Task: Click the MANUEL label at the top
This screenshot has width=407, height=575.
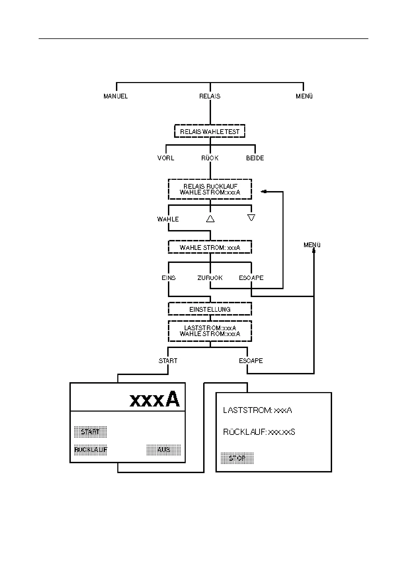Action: (x=116, y=96)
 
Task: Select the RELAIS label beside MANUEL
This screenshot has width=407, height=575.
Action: (x=210, y=96)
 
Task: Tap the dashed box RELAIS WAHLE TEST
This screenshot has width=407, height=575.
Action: (x=210, y=132)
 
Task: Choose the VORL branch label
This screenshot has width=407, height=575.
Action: (x=166, y=158)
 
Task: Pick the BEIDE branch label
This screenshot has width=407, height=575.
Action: (x=255, y=158)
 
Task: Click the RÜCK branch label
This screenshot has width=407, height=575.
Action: (x=210, y=158)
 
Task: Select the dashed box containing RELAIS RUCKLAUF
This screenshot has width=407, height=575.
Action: (x=210, y=189)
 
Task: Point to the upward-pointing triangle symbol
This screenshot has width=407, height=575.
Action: (x=210, y=219)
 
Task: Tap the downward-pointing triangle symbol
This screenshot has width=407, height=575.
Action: (x=251, y=218)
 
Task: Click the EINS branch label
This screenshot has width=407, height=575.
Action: (x=169, y=278)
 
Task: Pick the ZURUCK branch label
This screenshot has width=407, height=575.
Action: (x=210, y=278)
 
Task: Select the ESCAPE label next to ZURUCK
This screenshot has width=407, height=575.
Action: (x=251, y=278)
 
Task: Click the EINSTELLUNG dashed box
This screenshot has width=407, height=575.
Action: (x=210, y=309)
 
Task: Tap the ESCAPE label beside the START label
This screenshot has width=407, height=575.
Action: (x=251, y=361)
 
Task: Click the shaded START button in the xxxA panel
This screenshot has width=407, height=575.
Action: (x=90, y=432)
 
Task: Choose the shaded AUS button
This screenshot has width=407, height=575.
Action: (x=163, y=450)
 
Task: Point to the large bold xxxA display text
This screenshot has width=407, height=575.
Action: (x=155, y=399)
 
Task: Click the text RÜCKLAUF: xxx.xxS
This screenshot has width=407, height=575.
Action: (x=259, y=432)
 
